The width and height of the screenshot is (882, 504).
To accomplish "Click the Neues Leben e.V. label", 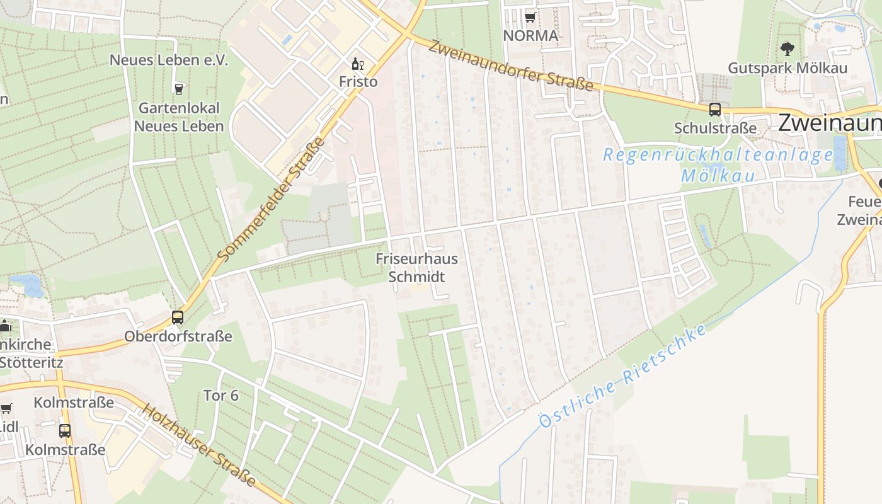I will coord(169,60).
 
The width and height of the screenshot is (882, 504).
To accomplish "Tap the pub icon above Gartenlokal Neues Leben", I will coord(179,88).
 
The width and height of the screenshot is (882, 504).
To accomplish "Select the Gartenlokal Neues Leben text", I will coord(179,117).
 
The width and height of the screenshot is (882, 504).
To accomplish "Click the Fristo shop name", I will coord(358,82).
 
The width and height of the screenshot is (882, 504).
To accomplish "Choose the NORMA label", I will coord(530,36).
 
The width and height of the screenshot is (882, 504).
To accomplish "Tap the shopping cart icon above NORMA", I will coord(530,17).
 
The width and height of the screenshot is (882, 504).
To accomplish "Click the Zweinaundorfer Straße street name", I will coord(512,66).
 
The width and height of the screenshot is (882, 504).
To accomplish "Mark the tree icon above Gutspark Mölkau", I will coord(787,49).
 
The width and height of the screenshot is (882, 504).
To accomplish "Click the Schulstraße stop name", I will coord(715,128).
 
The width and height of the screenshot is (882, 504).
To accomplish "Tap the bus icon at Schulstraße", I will coord(715,110).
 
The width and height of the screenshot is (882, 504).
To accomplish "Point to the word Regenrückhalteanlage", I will coord(718,155).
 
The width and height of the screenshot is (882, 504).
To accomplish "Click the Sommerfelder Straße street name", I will coord(272,199).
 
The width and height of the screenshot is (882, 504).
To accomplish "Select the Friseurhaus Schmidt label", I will coord(416,268).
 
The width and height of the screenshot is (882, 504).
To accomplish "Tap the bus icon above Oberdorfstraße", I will coord(178,318).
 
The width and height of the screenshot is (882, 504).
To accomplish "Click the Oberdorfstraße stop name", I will coord(178,336).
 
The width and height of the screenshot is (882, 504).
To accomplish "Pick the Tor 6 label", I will coord(220,396).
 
